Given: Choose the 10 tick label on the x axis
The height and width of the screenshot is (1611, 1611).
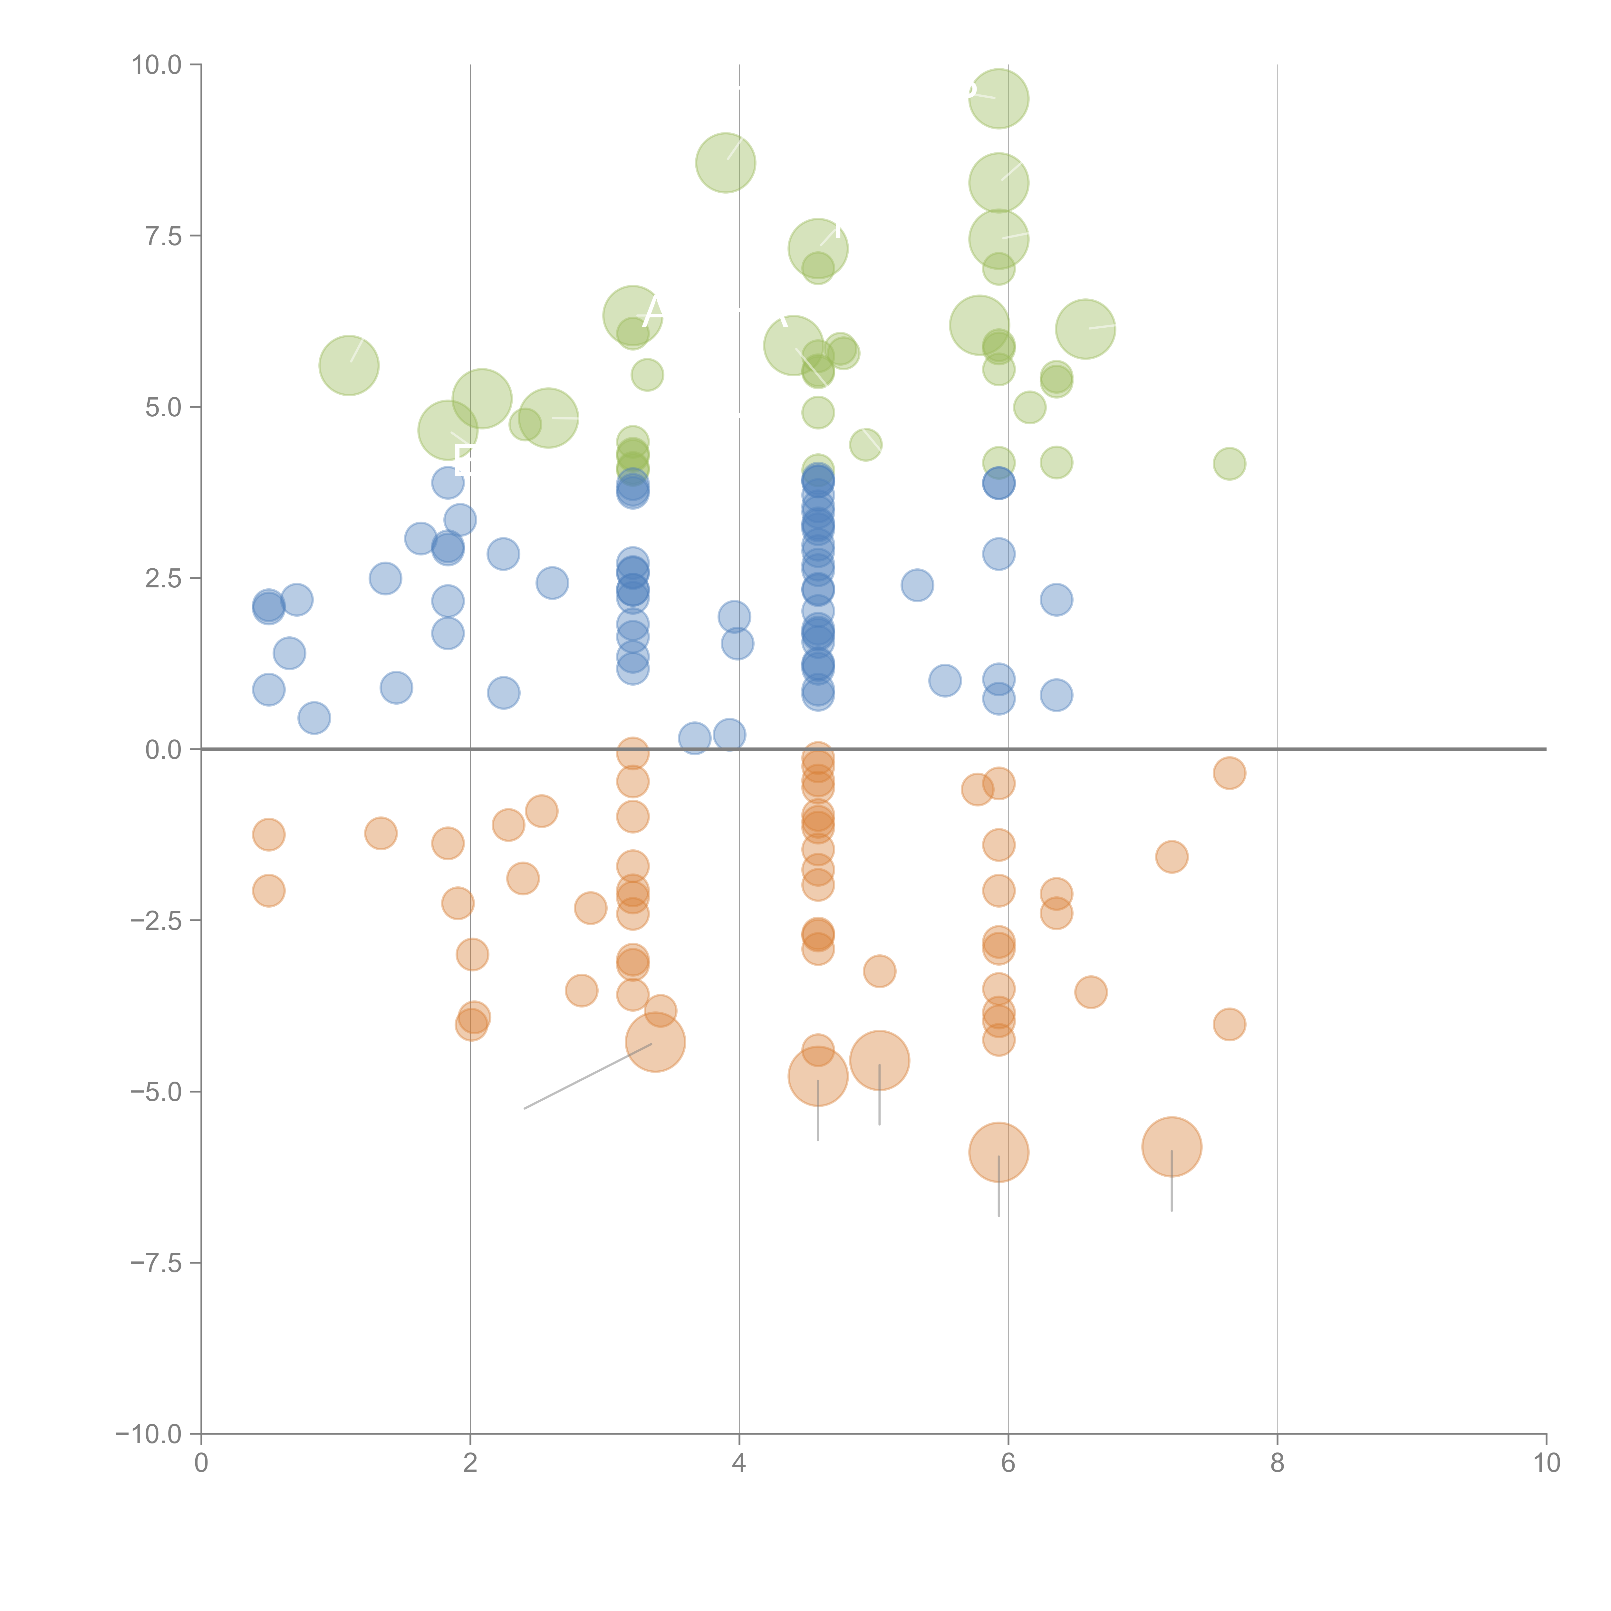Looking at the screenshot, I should click(1546, 1463).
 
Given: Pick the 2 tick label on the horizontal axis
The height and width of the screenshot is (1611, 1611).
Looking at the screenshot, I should click(470, 1463).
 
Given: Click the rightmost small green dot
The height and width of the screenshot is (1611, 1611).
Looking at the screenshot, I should click(1229, 464).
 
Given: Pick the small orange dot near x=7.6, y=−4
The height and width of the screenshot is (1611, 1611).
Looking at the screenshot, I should click(1229, 1024).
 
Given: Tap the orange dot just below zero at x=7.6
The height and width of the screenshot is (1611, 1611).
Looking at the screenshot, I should click(1229, 773).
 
